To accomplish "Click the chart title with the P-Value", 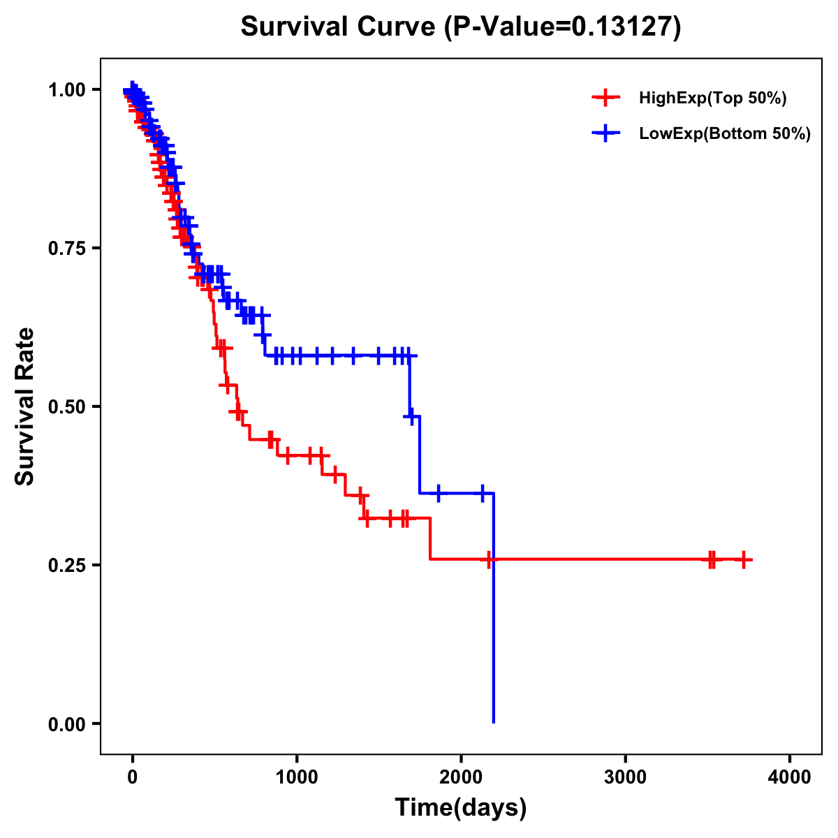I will [460, 27].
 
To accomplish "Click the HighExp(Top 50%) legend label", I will [713, 98].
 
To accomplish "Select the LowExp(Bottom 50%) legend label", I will [725, 134].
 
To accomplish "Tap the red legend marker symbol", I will [606, 98].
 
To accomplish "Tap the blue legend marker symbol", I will [606, 134].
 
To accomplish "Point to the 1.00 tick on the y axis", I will [66, 90].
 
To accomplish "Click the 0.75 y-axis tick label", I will [66, 249].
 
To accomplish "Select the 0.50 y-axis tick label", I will [66, 407].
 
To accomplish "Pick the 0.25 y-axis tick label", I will [66, 565].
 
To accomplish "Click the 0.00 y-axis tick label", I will [66, 724].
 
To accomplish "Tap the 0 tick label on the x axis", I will [132, 777].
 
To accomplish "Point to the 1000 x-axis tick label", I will [297, 777].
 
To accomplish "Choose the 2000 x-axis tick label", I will [461, 777].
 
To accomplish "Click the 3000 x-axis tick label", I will [625, 777].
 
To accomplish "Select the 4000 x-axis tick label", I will [790, 777].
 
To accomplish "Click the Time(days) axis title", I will [461, 808].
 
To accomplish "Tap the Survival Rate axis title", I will [25, 406].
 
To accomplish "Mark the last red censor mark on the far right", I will [744, 559].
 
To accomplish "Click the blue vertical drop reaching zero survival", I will [493, 628].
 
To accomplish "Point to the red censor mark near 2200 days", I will [489, 559].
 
